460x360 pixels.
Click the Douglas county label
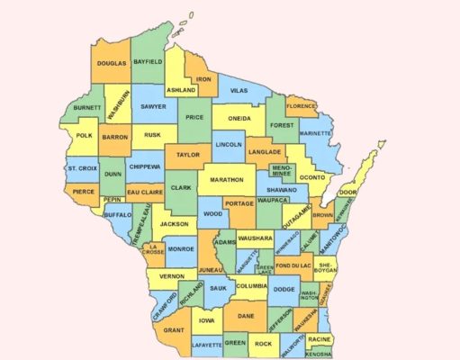coord(113,64)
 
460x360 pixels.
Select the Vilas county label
coord(238,92)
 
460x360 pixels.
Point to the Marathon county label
coord(226,180)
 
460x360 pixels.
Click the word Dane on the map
coord(246,316)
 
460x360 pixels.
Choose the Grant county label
coord(174,330)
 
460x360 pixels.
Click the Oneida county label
coord(239,118)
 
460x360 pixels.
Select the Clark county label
coord(181,188)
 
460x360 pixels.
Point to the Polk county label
coord(85,136)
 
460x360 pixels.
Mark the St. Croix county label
coord(81,168)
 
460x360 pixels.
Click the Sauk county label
coord(217,288)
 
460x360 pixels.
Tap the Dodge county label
coord(284,289)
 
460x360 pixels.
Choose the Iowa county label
coord(207,319)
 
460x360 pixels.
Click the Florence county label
coord(302,106)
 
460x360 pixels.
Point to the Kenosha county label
coord(317,355)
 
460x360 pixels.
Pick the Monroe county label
coord(180,249)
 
